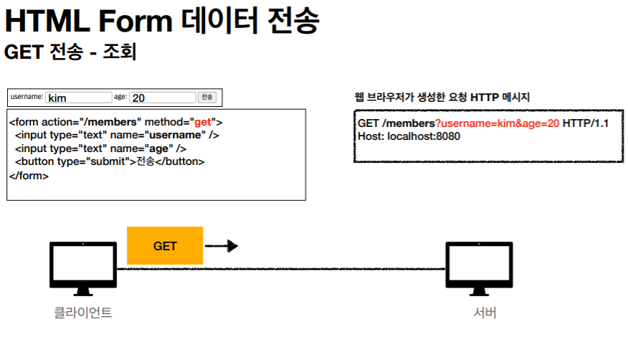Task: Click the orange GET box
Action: click(x=165, y=245)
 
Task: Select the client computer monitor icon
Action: click(x=82, y=267)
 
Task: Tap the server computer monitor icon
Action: click(x=479, y=267)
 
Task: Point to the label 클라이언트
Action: click(x=83, y=313)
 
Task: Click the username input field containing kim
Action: click(x=78, y=98)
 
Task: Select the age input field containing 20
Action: click(x=163, y=98)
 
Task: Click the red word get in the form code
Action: click(x=203, y=123)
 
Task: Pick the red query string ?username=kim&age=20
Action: click(x=497, y=124)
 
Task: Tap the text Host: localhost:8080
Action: click(x=409, y=136)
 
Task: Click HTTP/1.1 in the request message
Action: click(x=586, y=124)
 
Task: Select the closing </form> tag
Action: click(x=29, y=175)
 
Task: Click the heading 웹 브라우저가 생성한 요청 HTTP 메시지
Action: click(x=442, y=98)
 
